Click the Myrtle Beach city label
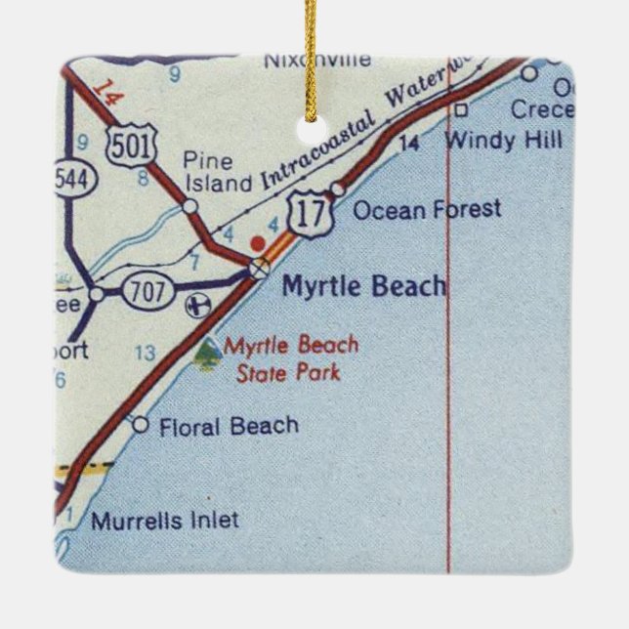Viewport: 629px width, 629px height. (363, 286)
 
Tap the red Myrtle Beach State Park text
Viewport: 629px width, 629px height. (291, 358)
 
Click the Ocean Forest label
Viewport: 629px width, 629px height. (426, 208)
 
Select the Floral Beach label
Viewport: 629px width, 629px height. (228, 426)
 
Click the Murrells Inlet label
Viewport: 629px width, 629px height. (164, 521)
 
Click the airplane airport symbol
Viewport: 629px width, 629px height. (198, 304)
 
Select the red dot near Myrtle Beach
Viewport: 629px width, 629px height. (258, 241)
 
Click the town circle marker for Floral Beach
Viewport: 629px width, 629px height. (140, 424)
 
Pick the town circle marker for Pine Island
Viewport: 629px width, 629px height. (190, 206)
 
